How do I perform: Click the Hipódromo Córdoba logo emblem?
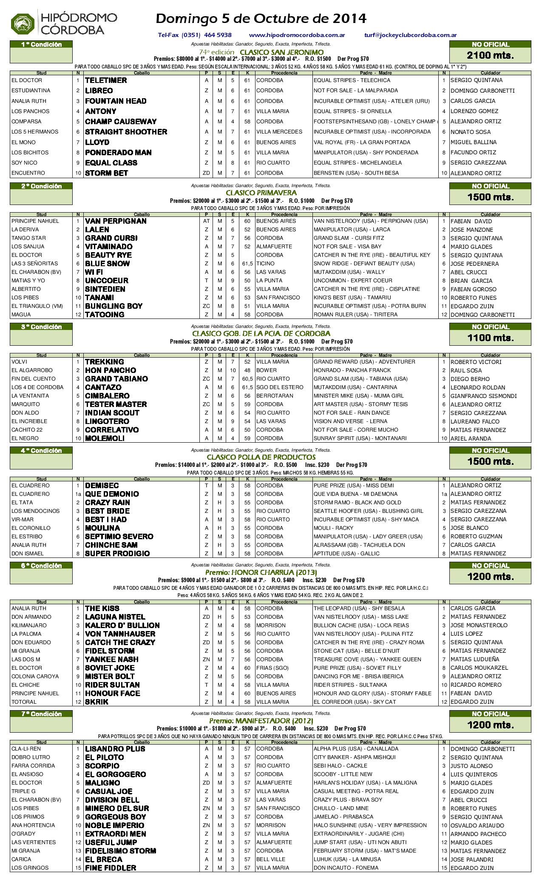pos(23,23)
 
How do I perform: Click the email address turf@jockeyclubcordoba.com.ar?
pos(410,35)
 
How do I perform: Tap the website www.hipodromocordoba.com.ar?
pos(297,35)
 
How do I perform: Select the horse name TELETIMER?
pos(106,80)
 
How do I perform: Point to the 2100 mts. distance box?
pos(490,55)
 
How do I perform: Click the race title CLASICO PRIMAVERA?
pos(261,193)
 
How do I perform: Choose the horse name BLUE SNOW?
pos(108,264)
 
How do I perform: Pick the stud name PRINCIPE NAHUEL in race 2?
pos(35,221)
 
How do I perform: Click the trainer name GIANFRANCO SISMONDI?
pos(484,396)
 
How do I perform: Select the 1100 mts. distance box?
pos(490,338)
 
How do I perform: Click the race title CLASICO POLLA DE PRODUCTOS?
pos(261,457)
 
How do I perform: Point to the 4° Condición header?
pos(41,451)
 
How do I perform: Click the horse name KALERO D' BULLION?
pos(122,626)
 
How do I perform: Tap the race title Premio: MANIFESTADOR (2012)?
pos(261,721)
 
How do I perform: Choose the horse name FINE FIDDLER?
pos(111,868)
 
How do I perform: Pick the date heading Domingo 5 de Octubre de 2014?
pos(261,19)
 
